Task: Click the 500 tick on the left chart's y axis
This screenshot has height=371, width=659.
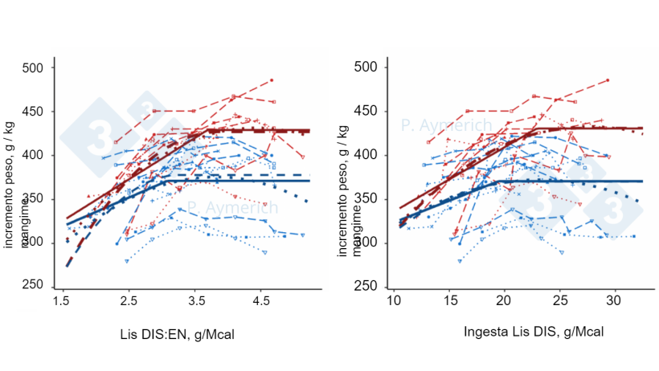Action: [35, 67]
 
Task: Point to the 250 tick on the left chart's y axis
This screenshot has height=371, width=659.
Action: [35, 286]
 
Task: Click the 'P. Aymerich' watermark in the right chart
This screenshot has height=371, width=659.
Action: [446, 125]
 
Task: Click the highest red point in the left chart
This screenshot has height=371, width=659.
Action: [272, 80]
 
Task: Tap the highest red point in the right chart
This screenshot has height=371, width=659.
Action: [608, 80]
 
